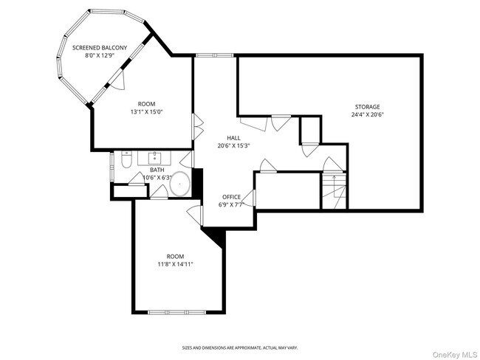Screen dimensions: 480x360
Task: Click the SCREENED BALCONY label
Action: [x=100, y=48]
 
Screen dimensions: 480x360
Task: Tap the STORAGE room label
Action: [x=367, y=107]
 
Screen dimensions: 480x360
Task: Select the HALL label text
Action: [x=233, y=138]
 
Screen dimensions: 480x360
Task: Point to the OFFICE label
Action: [x=231, y=197]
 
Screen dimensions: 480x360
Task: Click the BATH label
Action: [x=157, y=170]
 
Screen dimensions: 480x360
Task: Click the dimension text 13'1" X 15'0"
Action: [x=146, y=112]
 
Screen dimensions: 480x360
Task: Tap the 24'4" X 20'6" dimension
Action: [x=367, y=114]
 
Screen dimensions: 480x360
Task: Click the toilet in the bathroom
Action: [x=126, y=159]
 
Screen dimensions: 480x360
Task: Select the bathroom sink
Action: [x=155, y=158]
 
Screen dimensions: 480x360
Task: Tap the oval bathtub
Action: [x=180, y=184]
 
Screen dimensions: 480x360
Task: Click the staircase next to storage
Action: [x=334, y=191]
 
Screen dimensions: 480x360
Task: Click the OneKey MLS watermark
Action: [x=455, y=355]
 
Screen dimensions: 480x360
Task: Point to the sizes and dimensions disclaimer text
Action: [x=240, y=347]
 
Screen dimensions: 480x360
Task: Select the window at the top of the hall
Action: [x=215, y=55]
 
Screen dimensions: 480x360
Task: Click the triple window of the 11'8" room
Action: [x=177, y=312]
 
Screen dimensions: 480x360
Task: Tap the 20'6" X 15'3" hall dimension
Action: [x=234, y=146]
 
